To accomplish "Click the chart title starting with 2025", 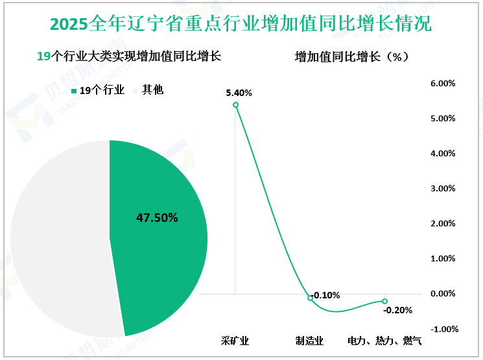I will [241, 25].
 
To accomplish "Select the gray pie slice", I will [58, 240].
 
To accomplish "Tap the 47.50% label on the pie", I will [157, 218].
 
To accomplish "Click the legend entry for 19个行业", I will [97, 90].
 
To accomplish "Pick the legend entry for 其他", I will [148, 90].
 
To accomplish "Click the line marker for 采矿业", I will [235, 104].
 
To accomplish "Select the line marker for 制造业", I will [310, 298].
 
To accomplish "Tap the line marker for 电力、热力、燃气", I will [384, 301].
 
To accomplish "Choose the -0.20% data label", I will [397, 310].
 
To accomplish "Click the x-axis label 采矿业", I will [235, 341].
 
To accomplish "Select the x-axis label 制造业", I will [309, 341].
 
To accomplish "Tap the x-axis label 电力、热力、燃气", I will [384, 341].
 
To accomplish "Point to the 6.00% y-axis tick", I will [443, 84].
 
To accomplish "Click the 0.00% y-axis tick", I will [443, 294].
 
